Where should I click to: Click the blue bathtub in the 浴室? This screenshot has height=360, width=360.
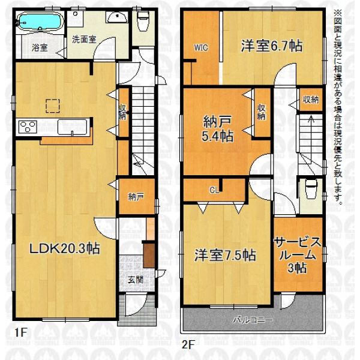[40, 21]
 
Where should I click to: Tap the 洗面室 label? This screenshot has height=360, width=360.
[84, 40]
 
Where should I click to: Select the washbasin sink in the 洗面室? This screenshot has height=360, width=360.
[118, 17]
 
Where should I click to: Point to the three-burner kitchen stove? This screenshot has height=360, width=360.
[28, 127]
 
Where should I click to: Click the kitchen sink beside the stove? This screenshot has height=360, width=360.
[73, 127]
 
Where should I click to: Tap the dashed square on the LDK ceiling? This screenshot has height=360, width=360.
[53, 106]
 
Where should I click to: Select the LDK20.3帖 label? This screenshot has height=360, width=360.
[65, 248]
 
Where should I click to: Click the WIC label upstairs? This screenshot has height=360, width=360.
[201, 47]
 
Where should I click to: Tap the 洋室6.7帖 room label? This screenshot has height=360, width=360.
[272, 46]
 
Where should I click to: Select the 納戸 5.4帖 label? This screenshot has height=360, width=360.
[217, 129]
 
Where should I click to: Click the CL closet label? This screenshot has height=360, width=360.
[214, 190]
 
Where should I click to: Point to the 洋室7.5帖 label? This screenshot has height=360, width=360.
[225, 255]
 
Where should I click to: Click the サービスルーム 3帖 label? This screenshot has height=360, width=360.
[298, 255]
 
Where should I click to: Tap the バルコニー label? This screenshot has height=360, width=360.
[253, 320]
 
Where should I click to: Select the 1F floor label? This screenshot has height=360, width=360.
[21, 332]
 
